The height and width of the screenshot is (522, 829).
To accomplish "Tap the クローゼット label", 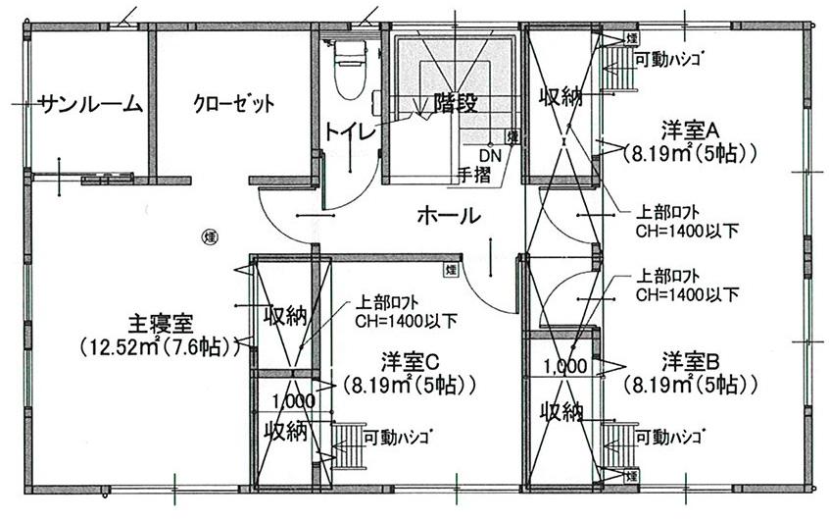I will tap(233, 103).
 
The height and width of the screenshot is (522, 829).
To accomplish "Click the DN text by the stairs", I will tap(489, 155).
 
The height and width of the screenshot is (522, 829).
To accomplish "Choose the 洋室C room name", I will tap(411, 360).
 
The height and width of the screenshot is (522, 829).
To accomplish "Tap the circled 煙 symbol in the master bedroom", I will tap(209, 236).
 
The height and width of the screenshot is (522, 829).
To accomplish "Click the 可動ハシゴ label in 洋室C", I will tap(398, 435).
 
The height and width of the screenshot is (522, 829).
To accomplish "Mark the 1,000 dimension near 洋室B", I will tap(565, 366).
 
